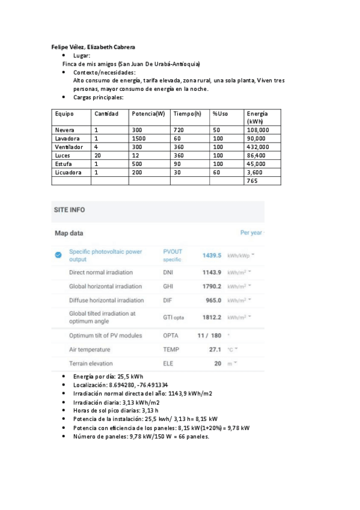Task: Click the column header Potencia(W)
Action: tap(148, 114)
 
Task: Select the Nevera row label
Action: tap(64, 130)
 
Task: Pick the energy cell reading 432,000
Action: tap(258, 147)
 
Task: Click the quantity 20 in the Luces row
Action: tap(98, 155)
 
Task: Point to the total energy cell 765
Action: tap(253, 180)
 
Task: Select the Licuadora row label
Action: tap(68, 172)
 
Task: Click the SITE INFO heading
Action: tap(70, 210)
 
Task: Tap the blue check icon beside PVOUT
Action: tap(58, 255)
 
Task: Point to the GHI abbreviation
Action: tap(168, 286)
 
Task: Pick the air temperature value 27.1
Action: tap(215, 349)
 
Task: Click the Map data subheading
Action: tap(69, 233)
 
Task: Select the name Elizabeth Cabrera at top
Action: tap(113, 46)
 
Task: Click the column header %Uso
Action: tap(221, 114)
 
